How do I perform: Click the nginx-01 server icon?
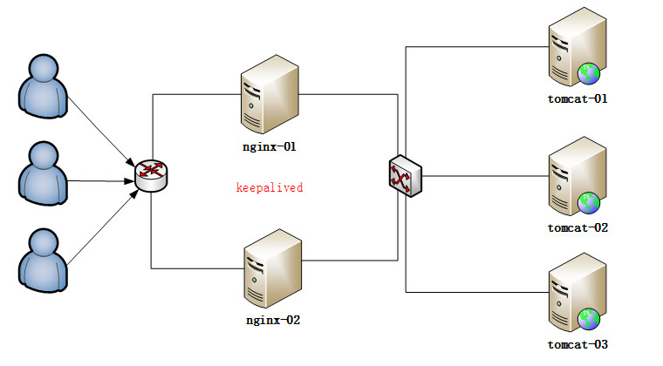point(270,94)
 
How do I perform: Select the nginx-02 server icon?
point(273,268)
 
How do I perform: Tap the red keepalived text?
point(270,187)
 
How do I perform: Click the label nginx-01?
point(270,147)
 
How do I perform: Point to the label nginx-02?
point(273,320)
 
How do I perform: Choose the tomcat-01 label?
point(578,98)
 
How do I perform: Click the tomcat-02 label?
point(578,228)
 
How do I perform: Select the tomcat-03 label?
point(578,344)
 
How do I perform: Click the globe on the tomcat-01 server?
point(589,74)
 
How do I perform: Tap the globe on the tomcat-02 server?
point(589,203)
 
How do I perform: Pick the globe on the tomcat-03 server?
point(589,320)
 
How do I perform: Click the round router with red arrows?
point(151,176)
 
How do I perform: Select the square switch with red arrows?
point(405,176)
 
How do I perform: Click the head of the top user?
point(44,69)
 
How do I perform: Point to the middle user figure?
point(43,173)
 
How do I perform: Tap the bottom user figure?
point(43,261)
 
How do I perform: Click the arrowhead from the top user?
point(131,163)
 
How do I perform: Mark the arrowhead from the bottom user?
point(134,194)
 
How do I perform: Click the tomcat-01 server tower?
point(578,47)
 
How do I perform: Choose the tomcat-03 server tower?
point(578,292)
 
